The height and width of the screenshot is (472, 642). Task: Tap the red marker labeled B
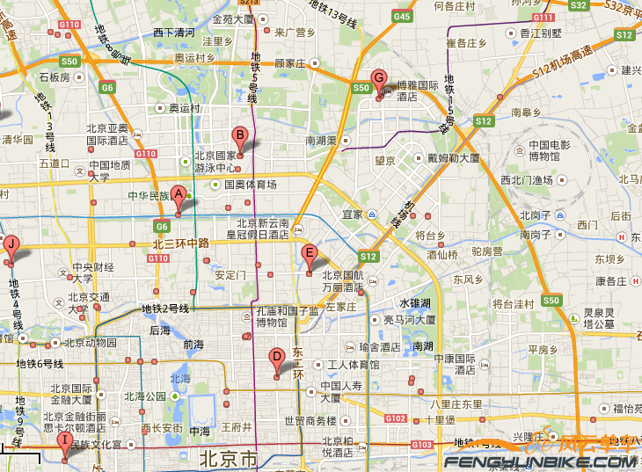[239, 141]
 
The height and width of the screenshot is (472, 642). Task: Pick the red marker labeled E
[309, 258]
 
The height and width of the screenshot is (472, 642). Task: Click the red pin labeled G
[379, 82]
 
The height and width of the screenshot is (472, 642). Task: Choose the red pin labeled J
[11, 248]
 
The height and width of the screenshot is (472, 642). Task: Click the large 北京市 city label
[228, 459]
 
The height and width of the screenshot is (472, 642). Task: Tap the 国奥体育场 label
[250, 185]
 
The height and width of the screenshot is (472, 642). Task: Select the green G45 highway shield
[403, 17]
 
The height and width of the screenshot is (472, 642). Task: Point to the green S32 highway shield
[578, 5]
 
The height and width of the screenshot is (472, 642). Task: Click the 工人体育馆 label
[353, 365]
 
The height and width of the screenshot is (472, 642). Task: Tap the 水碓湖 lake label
[413, 303]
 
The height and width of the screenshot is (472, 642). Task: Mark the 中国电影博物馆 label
[551, 150]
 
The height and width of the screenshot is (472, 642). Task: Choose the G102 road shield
[397, 418]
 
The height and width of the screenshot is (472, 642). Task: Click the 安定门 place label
[230, 274]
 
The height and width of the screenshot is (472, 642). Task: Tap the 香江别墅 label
[540, 33]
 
